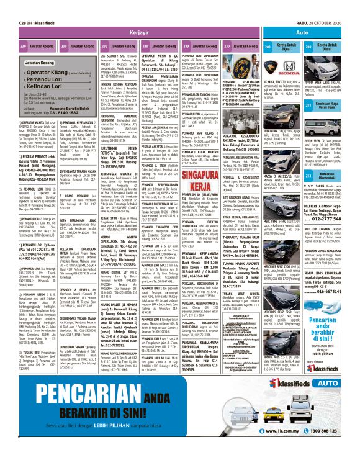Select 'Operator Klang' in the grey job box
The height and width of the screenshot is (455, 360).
coord(46,72)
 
